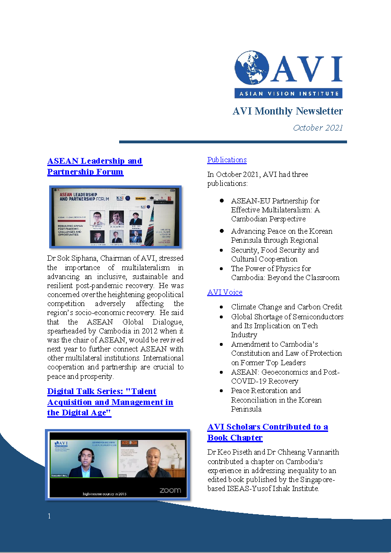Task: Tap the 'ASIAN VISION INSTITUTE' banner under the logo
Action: tap(288, 93)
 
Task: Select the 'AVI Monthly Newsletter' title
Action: tap(287, 111)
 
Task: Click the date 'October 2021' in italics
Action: tap(318, 128)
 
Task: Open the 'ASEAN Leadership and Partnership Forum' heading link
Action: tap(95, 166)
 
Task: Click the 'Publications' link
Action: tap(227, 160)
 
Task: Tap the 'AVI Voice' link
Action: tap(225, 292)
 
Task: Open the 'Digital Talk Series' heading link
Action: tap(110, 402)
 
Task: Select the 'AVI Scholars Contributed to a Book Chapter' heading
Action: tap(267, 432)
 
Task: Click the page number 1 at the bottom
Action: tap(49, 516)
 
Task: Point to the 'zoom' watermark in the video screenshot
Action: tap(170, 491)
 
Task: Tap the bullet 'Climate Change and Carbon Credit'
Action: tap(287, 307)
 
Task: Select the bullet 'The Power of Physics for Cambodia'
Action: tap(285, 273)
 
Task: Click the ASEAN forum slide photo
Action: tap(116, 217)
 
